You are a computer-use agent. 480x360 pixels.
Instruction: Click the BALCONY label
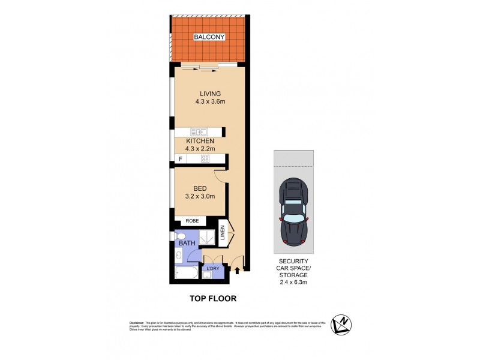209,37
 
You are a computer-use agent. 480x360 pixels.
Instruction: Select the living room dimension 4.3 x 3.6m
210,102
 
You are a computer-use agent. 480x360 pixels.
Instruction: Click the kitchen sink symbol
199,132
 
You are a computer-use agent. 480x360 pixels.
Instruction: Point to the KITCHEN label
200,141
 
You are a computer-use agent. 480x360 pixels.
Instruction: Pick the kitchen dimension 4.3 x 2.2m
200,149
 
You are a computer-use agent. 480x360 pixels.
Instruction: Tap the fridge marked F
179,159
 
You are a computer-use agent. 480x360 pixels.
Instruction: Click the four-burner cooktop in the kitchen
205,159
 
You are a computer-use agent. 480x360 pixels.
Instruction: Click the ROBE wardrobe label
192,221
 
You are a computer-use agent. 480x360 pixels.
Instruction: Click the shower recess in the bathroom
206,238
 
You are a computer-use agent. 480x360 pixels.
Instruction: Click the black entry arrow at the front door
238,271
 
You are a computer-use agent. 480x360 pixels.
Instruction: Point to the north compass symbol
341,325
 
